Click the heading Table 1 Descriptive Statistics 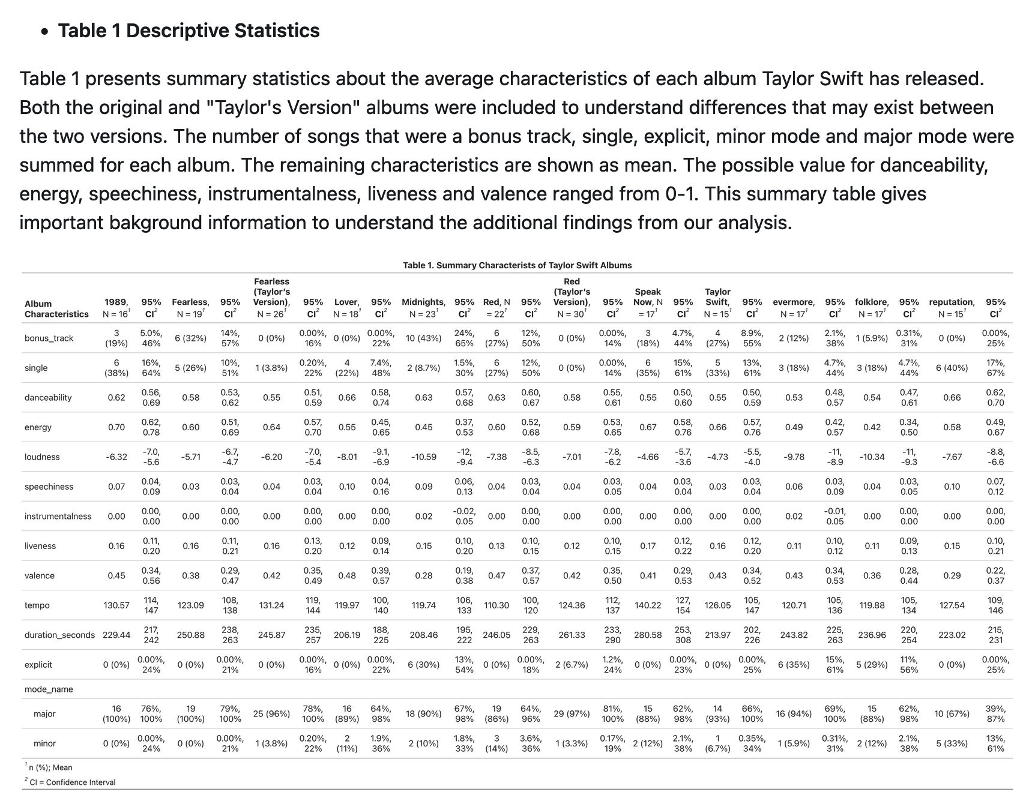(x=189, y=31)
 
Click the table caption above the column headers (x=517, y=265)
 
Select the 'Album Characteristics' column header (x=56, y=308)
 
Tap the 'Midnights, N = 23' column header (x=423, y=307)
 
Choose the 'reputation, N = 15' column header (x=952, y=307)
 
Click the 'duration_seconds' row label (x=59, y=635)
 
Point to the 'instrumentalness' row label (x=58, y=516)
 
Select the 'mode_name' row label (x=49, y=689)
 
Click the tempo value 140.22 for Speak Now (x=648, y=605)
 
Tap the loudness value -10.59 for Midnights (x=423, y=457)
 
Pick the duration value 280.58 (x=648, y=635)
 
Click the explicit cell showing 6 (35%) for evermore (x=794, y=665)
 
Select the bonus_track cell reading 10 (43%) (x=423, y=338)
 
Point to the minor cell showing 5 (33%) (x=952, y=743)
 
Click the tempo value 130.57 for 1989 (x=116, y=605)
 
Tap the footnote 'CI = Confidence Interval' (x=72, y=782)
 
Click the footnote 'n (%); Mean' (x=50, y=767)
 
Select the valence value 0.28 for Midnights (x=423, y=576)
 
